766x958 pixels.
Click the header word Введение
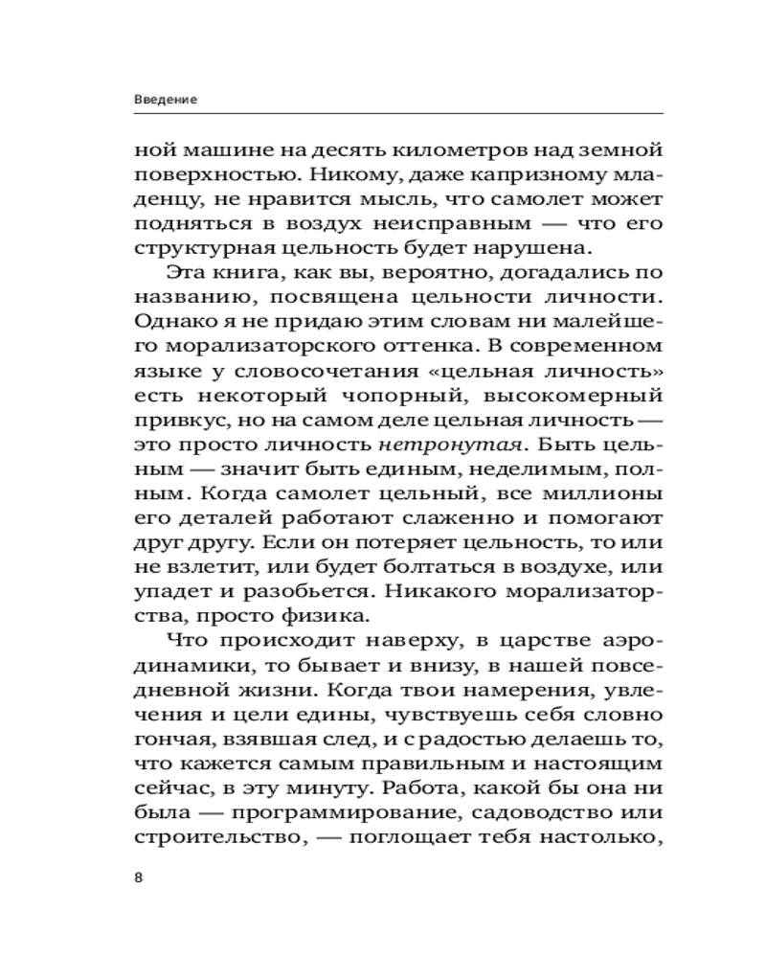click(x=167, y=100)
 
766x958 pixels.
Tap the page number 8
click(x=139, y=878)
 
